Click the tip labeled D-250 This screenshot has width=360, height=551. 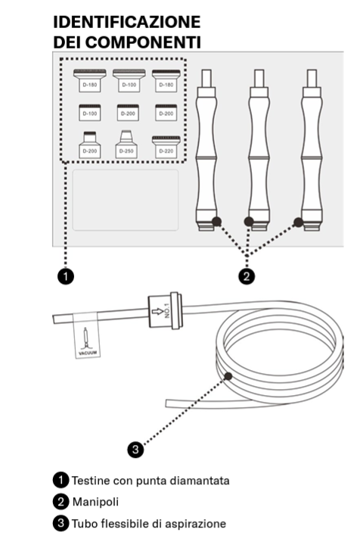[x=126, y=144]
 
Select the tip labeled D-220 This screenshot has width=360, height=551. [x=166, y=147]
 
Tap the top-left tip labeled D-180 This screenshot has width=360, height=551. [x=90, y=80]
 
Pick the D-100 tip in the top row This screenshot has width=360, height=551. [x=129, y=80]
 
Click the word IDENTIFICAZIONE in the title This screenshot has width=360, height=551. [x=127, y=22]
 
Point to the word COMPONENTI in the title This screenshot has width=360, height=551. [x=143, y=42]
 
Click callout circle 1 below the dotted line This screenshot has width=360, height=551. [x=66, y=276]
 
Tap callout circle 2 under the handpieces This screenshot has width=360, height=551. [x=247, y=276]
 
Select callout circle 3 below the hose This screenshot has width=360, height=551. [x=135, y=449]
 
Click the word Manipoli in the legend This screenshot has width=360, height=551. [x=95, y=502]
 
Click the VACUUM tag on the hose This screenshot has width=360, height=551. [x=86, y=336]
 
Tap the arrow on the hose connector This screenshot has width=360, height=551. [x=158, y=311]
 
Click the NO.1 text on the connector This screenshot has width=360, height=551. [x=167, y=310]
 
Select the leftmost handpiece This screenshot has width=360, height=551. [x=206, y=150]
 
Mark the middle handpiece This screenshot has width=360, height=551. [x=259, y=150]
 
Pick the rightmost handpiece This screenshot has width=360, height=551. [x=312, y=150]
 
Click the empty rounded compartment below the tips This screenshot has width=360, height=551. [x=126, y=200]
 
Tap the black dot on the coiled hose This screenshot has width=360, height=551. [x=228, y=376]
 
